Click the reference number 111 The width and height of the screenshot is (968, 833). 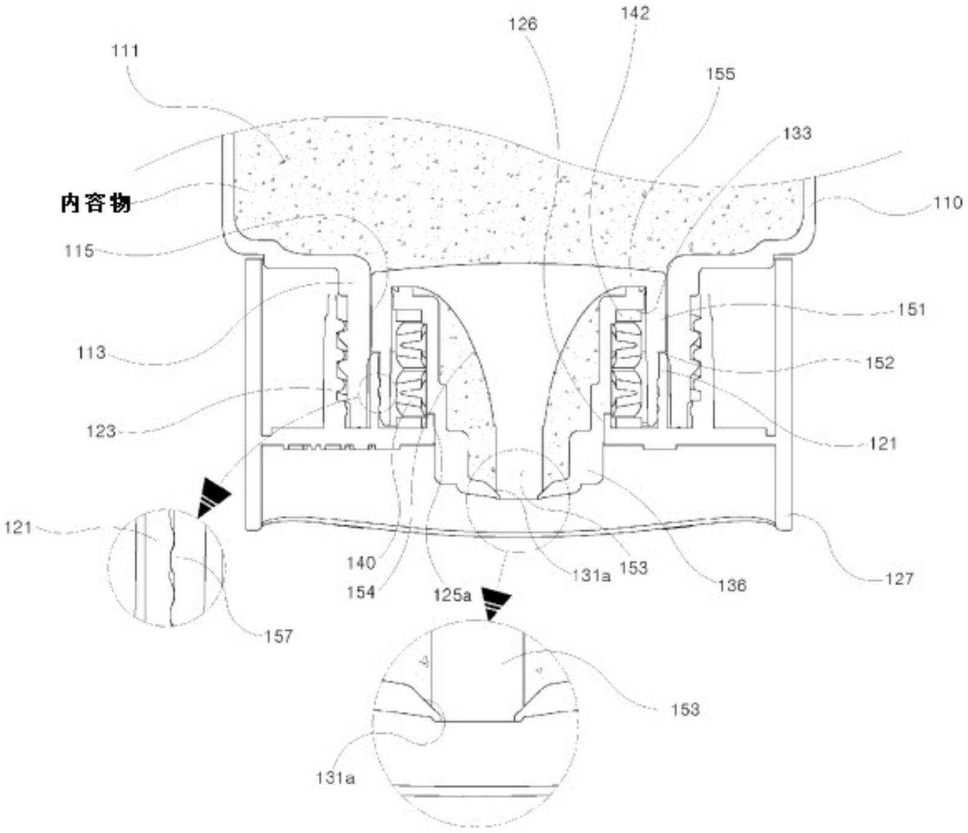coord(125,51)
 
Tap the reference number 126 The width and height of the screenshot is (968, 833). coord(522,24)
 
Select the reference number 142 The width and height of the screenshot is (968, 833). coord(634,13)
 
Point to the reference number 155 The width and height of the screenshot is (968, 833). coord(720,74)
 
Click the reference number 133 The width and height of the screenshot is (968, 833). coord(797,133)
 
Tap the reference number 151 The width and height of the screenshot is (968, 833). coord(912,310)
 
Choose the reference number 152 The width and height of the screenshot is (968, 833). coord(880,363)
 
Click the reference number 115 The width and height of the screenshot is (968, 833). coord(79,251)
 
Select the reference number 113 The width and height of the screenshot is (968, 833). coord(91,352)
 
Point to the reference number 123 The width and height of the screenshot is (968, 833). coord(100,431)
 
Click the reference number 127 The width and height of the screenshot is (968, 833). coord(899,579)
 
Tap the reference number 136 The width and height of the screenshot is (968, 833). coord(733,585)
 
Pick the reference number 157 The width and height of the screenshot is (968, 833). coord(278,636)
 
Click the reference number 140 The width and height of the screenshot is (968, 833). coord(361,563)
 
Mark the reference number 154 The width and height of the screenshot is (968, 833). coord(361,592)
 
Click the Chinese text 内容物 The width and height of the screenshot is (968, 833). coord(96,203)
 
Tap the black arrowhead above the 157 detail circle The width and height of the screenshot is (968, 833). coord(213,496)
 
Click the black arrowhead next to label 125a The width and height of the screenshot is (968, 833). coord(495,604)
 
